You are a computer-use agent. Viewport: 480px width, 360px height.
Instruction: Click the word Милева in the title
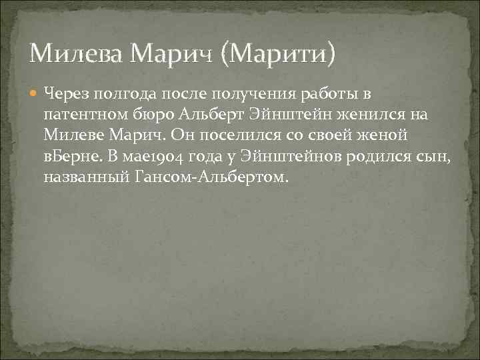click(72, 51)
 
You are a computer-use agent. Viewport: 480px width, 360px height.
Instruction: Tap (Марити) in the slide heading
click(281, 52)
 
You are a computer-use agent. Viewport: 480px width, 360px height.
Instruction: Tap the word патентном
click(84, 114)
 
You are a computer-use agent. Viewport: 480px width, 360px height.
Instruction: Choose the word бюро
click(154, 114)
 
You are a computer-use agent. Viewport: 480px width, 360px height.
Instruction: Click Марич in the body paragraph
click(139, 135)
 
